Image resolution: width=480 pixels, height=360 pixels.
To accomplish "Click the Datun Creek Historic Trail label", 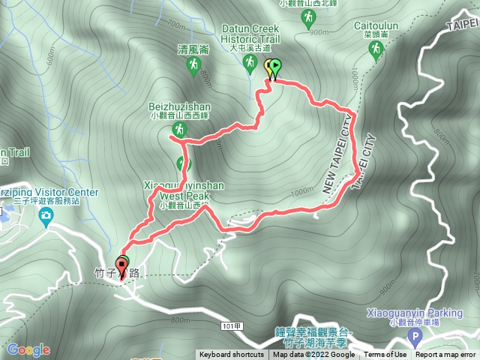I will pos(250,34).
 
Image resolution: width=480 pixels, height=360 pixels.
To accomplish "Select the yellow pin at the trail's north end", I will pos(268,67).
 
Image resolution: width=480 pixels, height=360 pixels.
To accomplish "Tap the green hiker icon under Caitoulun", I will pos(375,50).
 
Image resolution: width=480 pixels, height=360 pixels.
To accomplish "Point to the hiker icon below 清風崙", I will pos(193,67).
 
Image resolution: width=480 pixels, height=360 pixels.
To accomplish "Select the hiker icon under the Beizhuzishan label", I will pos(178,129).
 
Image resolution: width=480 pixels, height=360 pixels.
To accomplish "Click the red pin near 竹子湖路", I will pos(122,265).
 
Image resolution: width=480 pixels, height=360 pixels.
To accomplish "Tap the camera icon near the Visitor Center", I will pos(46,217).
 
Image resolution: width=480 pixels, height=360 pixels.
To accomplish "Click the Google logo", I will pos(28,349).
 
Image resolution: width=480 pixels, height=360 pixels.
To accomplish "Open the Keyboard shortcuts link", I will pos(231,355).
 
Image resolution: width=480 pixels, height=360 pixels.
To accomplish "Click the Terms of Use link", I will pos(385,355).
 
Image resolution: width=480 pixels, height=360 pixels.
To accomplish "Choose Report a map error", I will pos(446,355).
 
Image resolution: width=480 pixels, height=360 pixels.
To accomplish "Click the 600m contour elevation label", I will pos(50,56).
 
